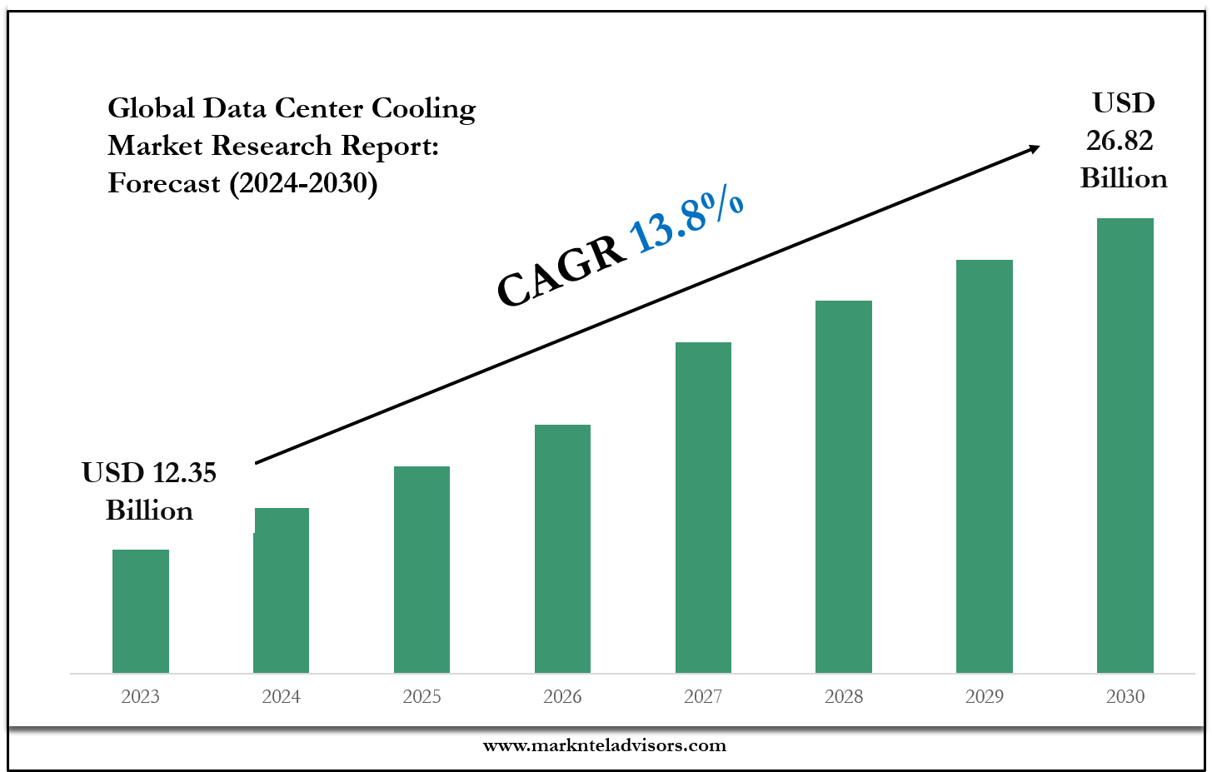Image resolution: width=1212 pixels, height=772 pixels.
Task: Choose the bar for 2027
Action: click(703, 507)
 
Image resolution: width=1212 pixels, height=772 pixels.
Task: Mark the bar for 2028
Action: click(844, 486)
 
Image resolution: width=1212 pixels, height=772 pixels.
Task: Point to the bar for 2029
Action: click(985, 466)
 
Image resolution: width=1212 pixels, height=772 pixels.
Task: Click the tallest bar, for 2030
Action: click(1125, 445)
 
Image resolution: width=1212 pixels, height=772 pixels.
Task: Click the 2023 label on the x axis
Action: click(140, 696)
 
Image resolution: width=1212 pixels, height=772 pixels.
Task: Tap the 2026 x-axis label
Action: click(562, 696)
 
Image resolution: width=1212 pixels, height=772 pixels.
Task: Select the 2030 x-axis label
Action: click(1125, 696)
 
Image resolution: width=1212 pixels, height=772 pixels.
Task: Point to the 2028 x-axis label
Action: click(844, 696)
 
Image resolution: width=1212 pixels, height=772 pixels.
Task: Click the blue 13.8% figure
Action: click(686, 220)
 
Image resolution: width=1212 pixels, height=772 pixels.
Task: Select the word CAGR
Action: click(561, 271)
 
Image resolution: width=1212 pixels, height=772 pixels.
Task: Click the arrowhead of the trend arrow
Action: click(1034, 148)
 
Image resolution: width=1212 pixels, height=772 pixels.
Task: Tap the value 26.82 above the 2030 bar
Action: click(1120, 141)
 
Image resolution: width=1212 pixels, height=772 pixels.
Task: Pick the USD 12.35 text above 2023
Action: click(149, 473)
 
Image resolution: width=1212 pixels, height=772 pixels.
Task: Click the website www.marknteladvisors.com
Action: click(605, 745)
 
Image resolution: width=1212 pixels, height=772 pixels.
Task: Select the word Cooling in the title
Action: click(423, 108)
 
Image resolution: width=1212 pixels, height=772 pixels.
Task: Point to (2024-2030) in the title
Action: click(303, 183)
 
